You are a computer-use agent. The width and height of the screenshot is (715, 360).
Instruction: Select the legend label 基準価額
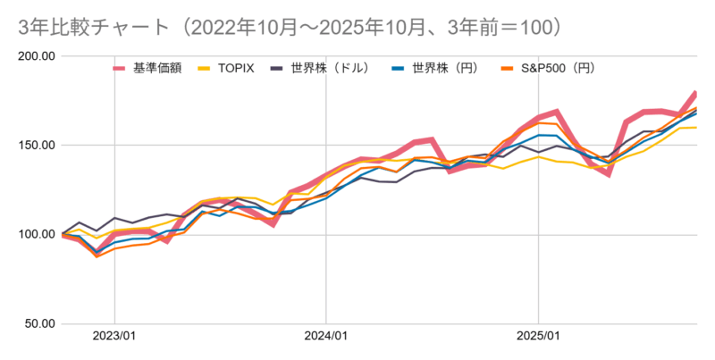[x=157, y=68]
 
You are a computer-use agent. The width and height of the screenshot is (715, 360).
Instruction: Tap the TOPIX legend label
[x=238, y=68]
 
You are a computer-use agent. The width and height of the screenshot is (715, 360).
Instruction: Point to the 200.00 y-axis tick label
[x=37, y=56]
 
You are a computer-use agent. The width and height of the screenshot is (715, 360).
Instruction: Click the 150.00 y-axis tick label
[x=37, y=146]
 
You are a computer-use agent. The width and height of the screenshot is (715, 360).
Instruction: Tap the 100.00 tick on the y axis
[x=37, y=235]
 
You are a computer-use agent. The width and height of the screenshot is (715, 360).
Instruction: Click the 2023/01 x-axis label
[x=114, y=338]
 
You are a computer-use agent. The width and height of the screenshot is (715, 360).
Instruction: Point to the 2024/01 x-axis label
[x=326, y=338]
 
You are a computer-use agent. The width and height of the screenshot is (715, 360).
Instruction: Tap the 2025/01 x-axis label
[x=539, y=338]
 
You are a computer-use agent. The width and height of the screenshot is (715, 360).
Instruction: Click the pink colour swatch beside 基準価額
[x=119, y=68]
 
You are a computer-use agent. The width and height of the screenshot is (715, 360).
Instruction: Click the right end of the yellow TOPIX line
[x=696, y=127]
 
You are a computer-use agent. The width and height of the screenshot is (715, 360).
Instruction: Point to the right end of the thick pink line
[x=696, y=93]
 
